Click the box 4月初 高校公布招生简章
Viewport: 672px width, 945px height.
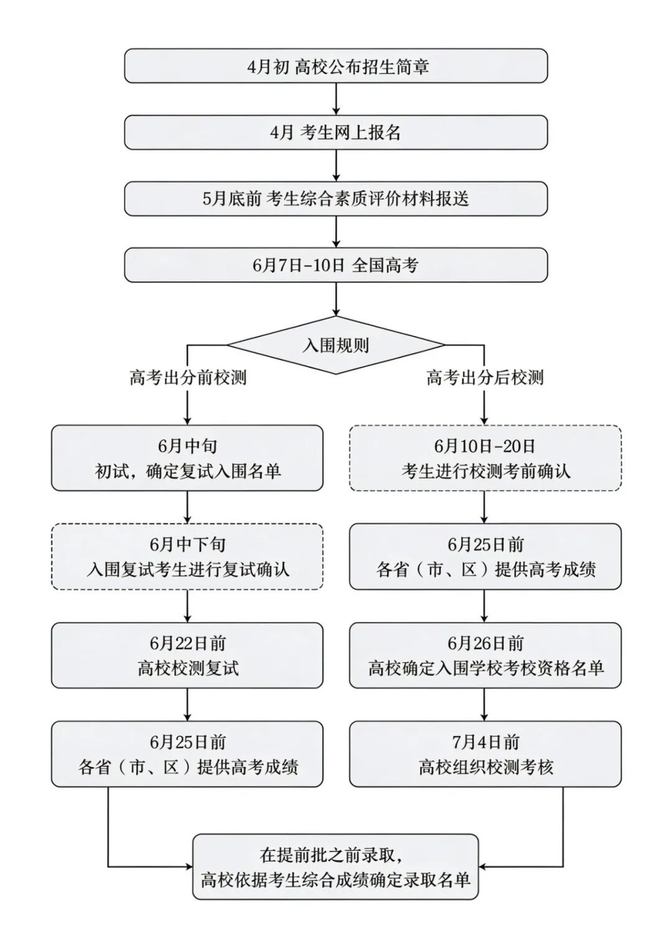[336, 66]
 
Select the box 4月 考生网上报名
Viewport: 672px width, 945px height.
[336, 133]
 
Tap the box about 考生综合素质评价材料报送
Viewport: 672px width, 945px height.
[336, 199]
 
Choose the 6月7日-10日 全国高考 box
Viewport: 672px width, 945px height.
[336, 265]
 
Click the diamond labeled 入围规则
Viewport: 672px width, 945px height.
[336, 345]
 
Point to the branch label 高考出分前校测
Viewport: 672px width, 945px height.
[188, 378]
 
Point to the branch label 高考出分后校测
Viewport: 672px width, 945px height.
[485, 378]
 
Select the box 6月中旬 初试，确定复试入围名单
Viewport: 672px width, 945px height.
[187, 458]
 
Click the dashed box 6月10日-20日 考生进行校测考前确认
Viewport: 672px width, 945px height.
[485, 458]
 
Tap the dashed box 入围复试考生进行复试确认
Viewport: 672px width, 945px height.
[187, 556]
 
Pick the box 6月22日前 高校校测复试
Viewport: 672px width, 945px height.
[187, 655]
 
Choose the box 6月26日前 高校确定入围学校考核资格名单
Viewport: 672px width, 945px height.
[485, 655]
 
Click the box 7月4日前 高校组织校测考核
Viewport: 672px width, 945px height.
[485, 754]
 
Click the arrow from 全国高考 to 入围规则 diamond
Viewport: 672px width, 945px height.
[336, 299]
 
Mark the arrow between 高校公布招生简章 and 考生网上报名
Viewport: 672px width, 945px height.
[336, 99]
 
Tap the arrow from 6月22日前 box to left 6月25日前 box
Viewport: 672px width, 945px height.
[187, 705]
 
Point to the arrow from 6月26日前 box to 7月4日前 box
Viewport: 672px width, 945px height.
[484, 705]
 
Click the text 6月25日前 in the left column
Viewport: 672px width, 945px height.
[188, 742]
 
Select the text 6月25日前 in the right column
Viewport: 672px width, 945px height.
[485, 544]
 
